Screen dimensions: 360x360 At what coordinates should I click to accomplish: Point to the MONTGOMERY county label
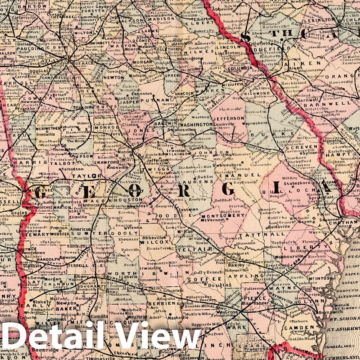point(223,216)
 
